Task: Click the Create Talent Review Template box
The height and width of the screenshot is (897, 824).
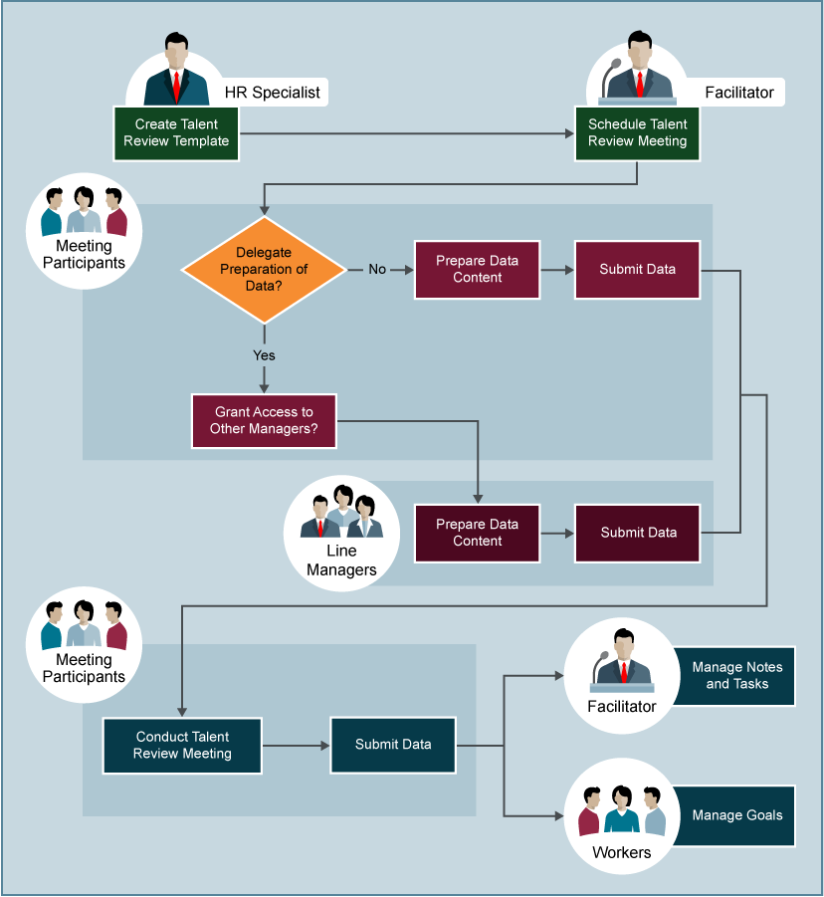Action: click(176, 133)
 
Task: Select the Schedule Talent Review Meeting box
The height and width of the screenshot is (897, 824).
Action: click(637, 133)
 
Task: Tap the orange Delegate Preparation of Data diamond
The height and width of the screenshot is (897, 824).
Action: click(264, 269)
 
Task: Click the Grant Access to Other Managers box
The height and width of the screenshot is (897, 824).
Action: click(263, 420)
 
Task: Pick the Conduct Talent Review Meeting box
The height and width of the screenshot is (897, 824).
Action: click(182, 746)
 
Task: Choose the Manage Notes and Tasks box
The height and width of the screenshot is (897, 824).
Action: click(736, 676)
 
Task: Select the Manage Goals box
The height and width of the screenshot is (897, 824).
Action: click(736, 815)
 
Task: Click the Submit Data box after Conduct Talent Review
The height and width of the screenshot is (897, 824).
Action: click(393, 745)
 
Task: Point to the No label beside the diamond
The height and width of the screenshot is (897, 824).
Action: click(377, 269)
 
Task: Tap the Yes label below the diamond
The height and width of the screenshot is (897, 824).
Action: click(264, 355)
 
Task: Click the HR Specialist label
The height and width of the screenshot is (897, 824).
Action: click(272, 93)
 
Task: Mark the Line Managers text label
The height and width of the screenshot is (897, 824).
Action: click(341, 561)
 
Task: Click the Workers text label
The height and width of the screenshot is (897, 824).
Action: click(621, 852)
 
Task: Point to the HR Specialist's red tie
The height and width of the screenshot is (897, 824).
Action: click(176, 86)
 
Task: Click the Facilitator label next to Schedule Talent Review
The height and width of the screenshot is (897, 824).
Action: click(738, 93)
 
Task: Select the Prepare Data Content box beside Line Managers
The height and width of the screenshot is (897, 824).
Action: click(478, 533)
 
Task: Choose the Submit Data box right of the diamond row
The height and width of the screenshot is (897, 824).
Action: click(637, 270)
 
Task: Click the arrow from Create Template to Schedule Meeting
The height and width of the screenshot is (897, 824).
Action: click(407, 133)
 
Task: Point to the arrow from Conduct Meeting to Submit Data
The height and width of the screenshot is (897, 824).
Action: click(296, 745)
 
